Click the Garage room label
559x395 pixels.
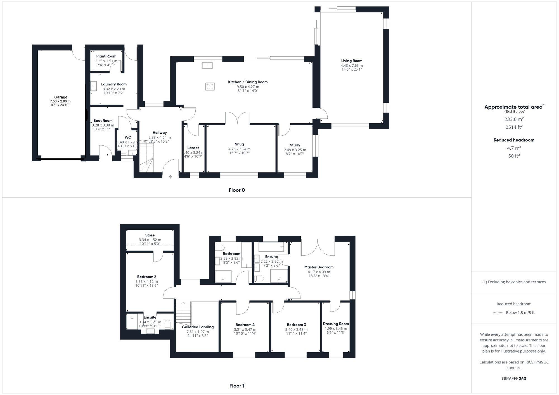tap(61, 97)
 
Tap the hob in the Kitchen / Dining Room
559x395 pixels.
tap(210, 87)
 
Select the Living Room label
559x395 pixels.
tap(352, 61)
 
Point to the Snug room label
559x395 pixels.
tap(239, 144)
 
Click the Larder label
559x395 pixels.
tap(193, 148)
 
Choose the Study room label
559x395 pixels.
tap(295, 145)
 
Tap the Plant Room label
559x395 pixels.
tap(106, 56)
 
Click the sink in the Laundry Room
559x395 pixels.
tap(93, 86)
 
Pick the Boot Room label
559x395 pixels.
tap(103, 121)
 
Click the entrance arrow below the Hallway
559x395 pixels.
tap(170, 177)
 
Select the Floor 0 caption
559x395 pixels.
tap(237, 190)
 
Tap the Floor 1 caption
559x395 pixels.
tap(237, 386)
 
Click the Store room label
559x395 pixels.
tap(150, 235)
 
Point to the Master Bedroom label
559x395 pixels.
tap(319, 267)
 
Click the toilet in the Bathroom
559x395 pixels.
tap(219, 248)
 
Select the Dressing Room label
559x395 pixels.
tap(336, 324)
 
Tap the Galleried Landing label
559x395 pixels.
tap(198, 327)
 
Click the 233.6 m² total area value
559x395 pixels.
tap(514, 119)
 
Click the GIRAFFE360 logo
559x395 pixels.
tap(514, 379)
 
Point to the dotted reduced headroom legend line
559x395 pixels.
tap(498, 313)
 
